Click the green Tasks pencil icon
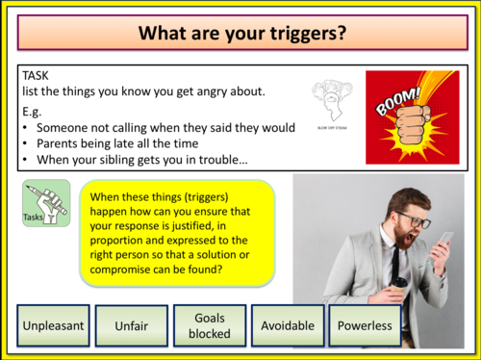(x=46, y=201)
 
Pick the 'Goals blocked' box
(x=209, y=325)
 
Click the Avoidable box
(x=286, y=326)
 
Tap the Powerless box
(x=365, y=326)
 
